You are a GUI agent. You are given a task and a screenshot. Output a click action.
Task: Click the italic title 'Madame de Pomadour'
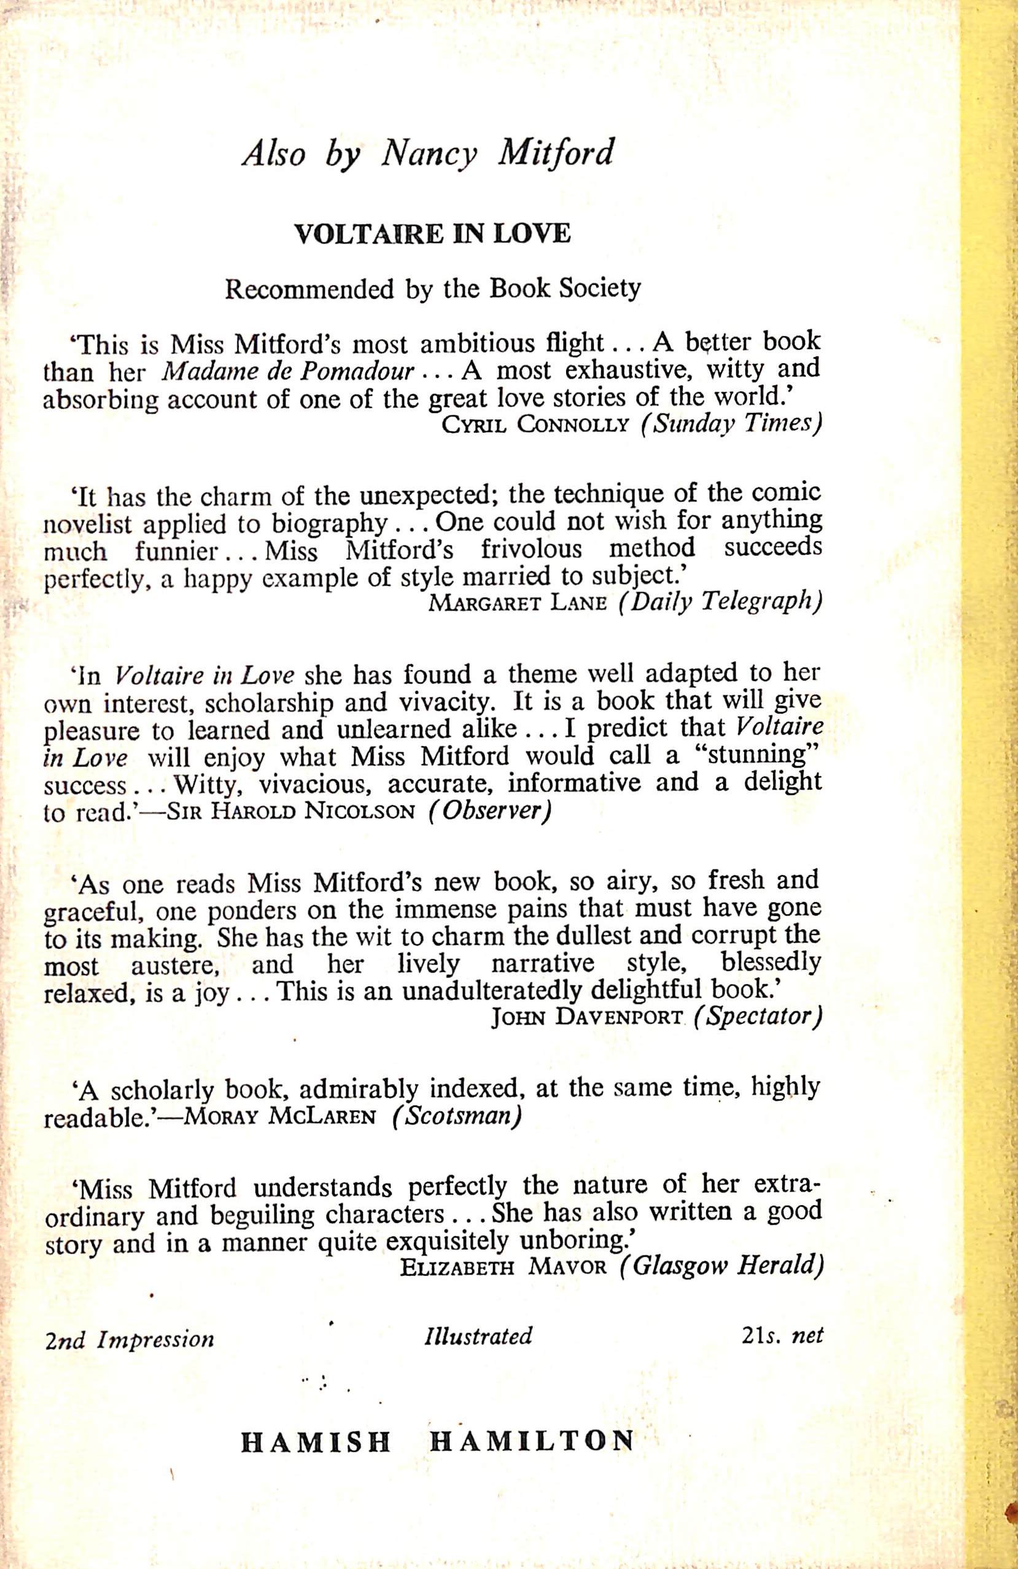pyautogui.click(x=287, y=372)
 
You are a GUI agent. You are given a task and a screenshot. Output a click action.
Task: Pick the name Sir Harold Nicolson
pyautogui.click(x=292, y=812)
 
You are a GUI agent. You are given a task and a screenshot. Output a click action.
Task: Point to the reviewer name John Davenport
pyautogui.click(x=586, y=1019)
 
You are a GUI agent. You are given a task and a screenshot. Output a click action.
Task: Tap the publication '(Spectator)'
pyautogui.click(x=755, y=1018)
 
